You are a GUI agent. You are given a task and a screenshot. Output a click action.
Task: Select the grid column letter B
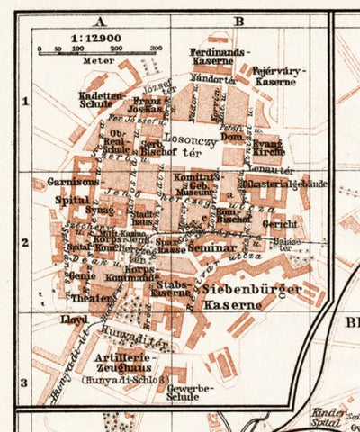238,19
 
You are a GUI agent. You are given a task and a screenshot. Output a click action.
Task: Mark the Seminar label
212,247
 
